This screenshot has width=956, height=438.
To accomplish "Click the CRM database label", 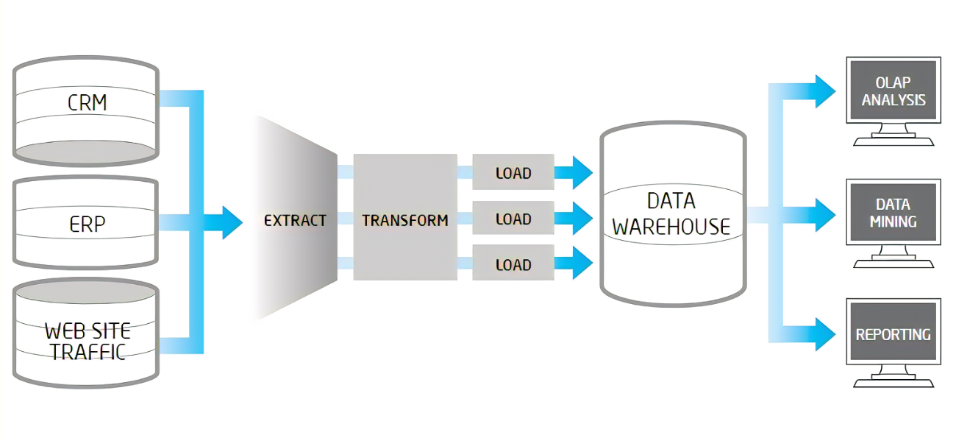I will (87, 102).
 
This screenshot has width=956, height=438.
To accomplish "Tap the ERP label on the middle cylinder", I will (87, 223).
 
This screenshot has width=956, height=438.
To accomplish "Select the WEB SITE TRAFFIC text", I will (87, 340).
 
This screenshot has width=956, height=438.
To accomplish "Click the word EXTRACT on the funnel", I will (295, 219).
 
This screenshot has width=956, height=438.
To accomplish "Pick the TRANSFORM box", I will (405, 219).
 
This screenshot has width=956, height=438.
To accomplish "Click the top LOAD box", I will (513, 173).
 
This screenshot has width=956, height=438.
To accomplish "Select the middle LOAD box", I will (513, 219).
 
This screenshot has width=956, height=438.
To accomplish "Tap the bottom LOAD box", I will (513, 264).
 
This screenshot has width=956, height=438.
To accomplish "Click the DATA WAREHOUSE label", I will (671, 213).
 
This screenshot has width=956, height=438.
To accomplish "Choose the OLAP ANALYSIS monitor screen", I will (893, 91).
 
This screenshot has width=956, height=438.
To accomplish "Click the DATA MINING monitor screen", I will (893, 213).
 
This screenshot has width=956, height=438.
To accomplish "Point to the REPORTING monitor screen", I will (893, 334).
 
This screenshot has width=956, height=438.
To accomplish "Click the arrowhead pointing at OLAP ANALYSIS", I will (825, 91).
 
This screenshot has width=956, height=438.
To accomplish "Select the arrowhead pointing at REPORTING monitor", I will (825, 333).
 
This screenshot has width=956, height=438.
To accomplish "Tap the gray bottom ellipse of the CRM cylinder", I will (86, 151).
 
